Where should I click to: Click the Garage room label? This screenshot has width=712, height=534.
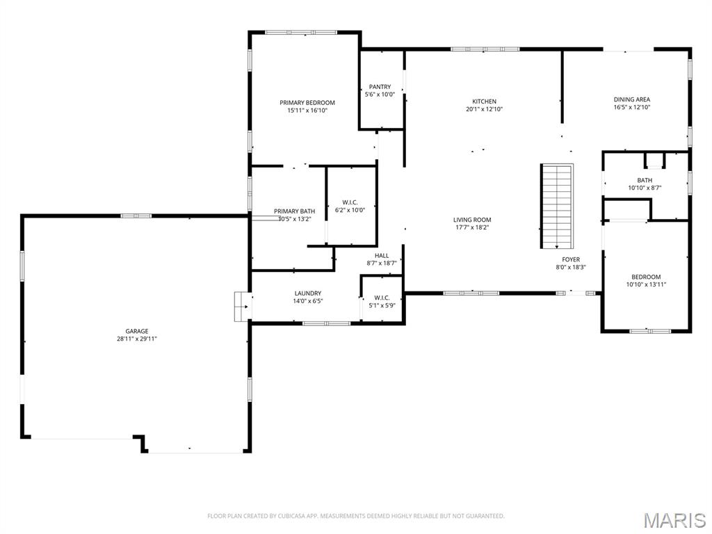tap(137, 331)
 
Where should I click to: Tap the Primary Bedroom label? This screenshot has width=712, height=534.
tap(307, 102)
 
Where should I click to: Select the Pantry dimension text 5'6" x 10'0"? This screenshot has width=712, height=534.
tap(380, 95)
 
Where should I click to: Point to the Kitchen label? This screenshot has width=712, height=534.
tap(484, 102)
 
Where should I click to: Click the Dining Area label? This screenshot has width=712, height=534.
tap(631, 99)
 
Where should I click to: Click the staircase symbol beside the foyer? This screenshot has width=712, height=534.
tap(557, 206)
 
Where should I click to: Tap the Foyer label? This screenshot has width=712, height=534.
tap(571, 259)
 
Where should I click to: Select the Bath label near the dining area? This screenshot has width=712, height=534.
tap(645, 180)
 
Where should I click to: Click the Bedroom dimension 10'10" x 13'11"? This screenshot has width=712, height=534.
tap(645, 284)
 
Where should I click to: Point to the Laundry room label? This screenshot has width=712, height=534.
tap(307, 293)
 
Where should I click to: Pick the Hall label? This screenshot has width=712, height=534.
tap(382, 255)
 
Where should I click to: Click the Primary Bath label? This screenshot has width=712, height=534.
tap(294, 211)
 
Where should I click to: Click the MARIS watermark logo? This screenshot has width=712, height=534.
tap(674, 520)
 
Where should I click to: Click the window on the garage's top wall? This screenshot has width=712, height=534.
tap(136, 216)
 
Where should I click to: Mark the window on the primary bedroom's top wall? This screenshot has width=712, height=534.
tap(301, 32)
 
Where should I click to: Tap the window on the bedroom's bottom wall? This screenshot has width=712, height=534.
tap(650, 331)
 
